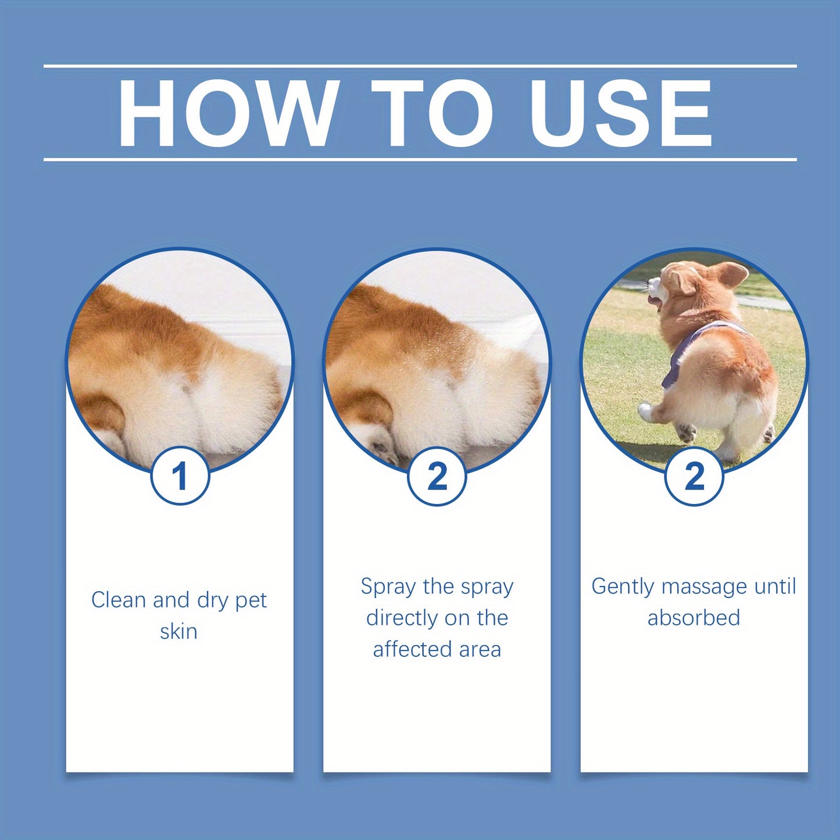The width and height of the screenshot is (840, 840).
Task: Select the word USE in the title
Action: pyautogui.click(x=620, y=113)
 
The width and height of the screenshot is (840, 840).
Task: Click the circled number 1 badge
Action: pyautogui.click(x=180, y=476)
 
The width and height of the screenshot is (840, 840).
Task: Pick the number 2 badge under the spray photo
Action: pyautogui.click(x=437, y=476)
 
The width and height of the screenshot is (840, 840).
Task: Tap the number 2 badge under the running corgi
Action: pyautogui.click(x=694, y=476)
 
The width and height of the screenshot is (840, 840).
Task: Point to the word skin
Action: pyautogui.click(x=178, y=631)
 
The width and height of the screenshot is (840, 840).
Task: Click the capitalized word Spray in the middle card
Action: pyautogui.click(x=388, y=587)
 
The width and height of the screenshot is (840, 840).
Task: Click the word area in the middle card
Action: pyautogui.click(x=480, y=650)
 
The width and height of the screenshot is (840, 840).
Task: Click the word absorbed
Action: pyautogui.click(x=694, y=618)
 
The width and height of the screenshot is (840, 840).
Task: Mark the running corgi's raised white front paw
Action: pyautogui.click(x=645, y=411)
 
